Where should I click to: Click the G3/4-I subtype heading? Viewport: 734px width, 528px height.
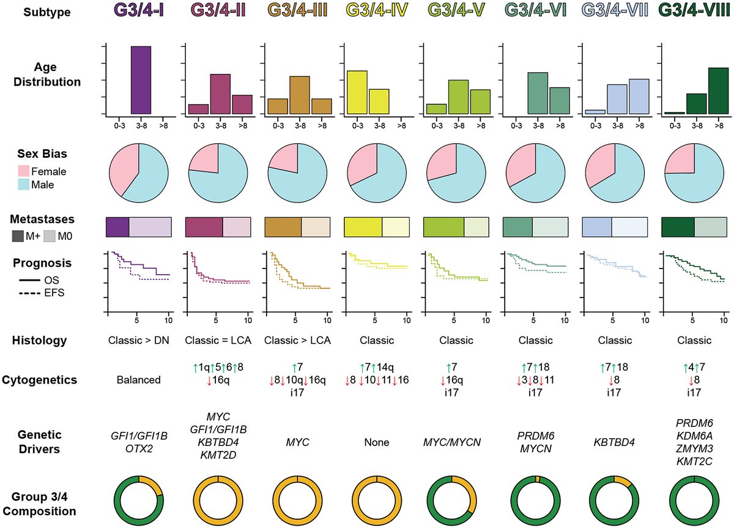(x=139, y=12)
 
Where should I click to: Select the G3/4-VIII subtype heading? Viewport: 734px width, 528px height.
(x=695, y=12)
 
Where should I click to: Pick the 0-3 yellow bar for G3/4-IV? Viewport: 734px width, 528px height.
(x=357, y=92)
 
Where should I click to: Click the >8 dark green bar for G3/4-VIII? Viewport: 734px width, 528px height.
(x=717, y=91)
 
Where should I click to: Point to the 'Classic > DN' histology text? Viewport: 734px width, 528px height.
(x=138, y=340)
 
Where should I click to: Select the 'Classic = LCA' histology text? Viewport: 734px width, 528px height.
(x=218, y=340)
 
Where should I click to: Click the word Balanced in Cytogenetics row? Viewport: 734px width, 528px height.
(x=139, y=380)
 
